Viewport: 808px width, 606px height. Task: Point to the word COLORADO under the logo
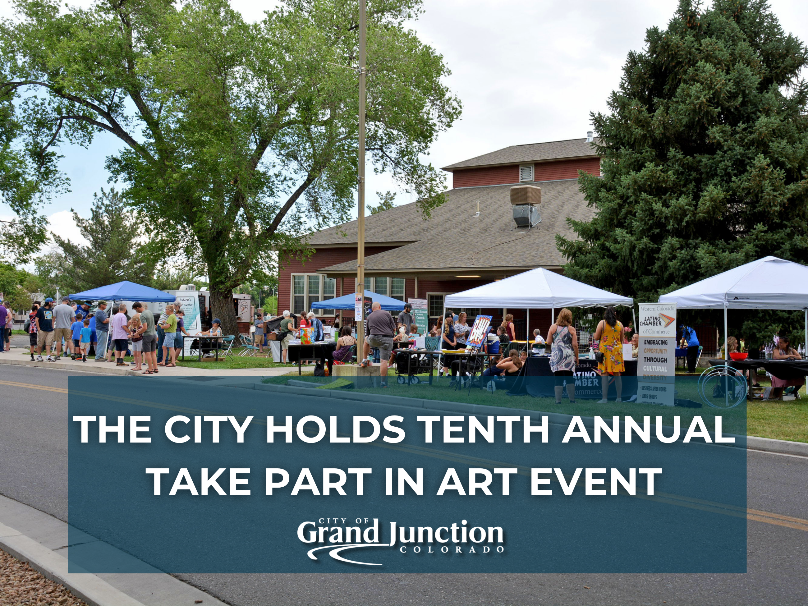pyautogui.click(x=452, y=550)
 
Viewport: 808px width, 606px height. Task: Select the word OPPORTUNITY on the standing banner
pyautogui.click(x=655, y=351)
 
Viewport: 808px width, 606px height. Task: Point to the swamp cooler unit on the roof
pyautogui.click(x=525, y=205)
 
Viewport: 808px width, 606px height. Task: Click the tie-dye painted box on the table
pyautogui.click(x=306, y=335)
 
